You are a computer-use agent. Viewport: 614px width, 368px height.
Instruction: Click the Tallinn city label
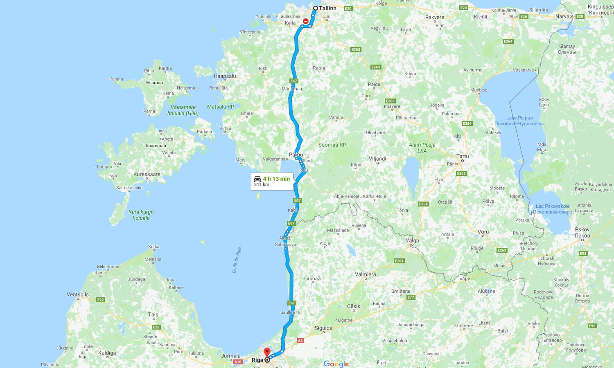pyautogui.click(x=327, y=8)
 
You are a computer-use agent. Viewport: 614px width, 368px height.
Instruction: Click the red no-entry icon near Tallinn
pyautogui.click(x=306, y=21)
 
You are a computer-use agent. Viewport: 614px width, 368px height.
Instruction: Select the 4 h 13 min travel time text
pyautogui.click(x=276, y=179)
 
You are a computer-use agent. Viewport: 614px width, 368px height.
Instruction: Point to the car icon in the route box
pyautogui.click(x=257, y=179)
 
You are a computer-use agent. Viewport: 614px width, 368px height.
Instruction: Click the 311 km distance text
pyautogui.click(x=262, y=184)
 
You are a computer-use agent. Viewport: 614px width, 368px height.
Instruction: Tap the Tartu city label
pyautogui.click(x=463, y=156)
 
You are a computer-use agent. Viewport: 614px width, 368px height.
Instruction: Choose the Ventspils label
pyautogui.click(x=78, y=294)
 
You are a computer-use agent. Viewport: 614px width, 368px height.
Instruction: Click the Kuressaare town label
pyautogui.click(x=147, y=174)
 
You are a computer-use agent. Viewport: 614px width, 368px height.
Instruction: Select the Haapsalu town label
pyautogui.click(x=225, y=76)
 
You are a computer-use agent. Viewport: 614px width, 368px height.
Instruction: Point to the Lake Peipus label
pyautogui.click(x=519, y=118)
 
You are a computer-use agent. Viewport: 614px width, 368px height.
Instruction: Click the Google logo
pyautogui.click(x=336, y=364)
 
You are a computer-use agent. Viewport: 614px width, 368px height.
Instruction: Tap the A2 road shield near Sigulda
pyautogui.click(x=300, y=341)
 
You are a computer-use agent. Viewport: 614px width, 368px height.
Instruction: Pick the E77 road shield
pyautogui.click(x=411, y=297)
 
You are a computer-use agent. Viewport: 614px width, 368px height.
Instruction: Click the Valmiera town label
pyautogui.click(x=365, y=274)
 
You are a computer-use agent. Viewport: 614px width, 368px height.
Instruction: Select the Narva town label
pyautogui.click(x=563, y=16)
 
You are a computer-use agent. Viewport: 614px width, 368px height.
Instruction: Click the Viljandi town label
pyautogui.click(x=377, y=159)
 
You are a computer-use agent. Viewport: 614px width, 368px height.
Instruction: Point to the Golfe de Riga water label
pyautogui.click(x=237, y=260)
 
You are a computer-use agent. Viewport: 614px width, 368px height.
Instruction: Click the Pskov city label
pyautogui.click(x=582, y=229)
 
